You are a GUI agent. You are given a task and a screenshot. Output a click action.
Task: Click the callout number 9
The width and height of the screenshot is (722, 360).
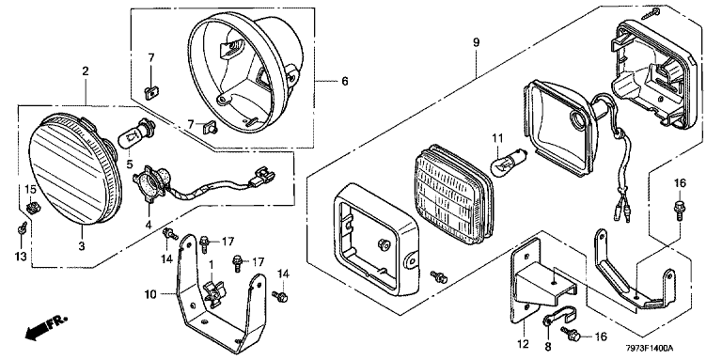tap(476, 43)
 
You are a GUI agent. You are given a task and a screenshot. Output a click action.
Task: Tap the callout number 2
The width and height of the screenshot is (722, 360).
tap(86, 71)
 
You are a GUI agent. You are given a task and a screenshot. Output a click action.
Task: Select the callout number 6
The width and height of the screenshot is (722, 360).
tap(345, 82)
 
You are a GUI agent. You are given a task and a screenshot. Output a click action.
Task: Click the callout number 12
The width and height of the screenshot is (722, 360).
tap(525, 344)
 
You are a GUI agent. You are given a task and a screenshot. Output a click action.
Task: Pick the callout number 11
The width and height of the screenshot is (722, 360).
tap(497, 137)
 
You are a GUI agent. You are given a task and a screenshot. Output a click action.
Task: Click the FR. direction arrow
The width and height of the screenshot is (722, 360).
tap(46, 327)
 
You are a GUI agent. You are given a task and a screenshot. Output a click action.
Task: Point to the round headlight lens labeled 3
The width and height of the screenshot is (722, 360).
tap(73, 171)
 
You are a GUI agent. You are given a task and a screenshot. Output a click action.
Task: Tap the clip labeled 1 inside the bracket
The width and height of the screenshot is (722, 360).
tap(214, 293)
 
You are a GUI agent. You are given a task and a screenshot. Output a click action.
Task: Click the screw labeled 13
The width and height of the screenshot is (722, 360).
tap(21, 228)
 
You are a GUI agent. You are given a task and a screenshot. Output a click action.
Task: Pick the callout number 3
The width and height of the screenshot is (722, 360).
tap(82, 246)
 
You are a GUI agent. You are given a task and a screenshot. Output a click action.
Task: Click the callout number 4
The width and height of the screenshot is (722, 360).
tap(149, 225)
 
